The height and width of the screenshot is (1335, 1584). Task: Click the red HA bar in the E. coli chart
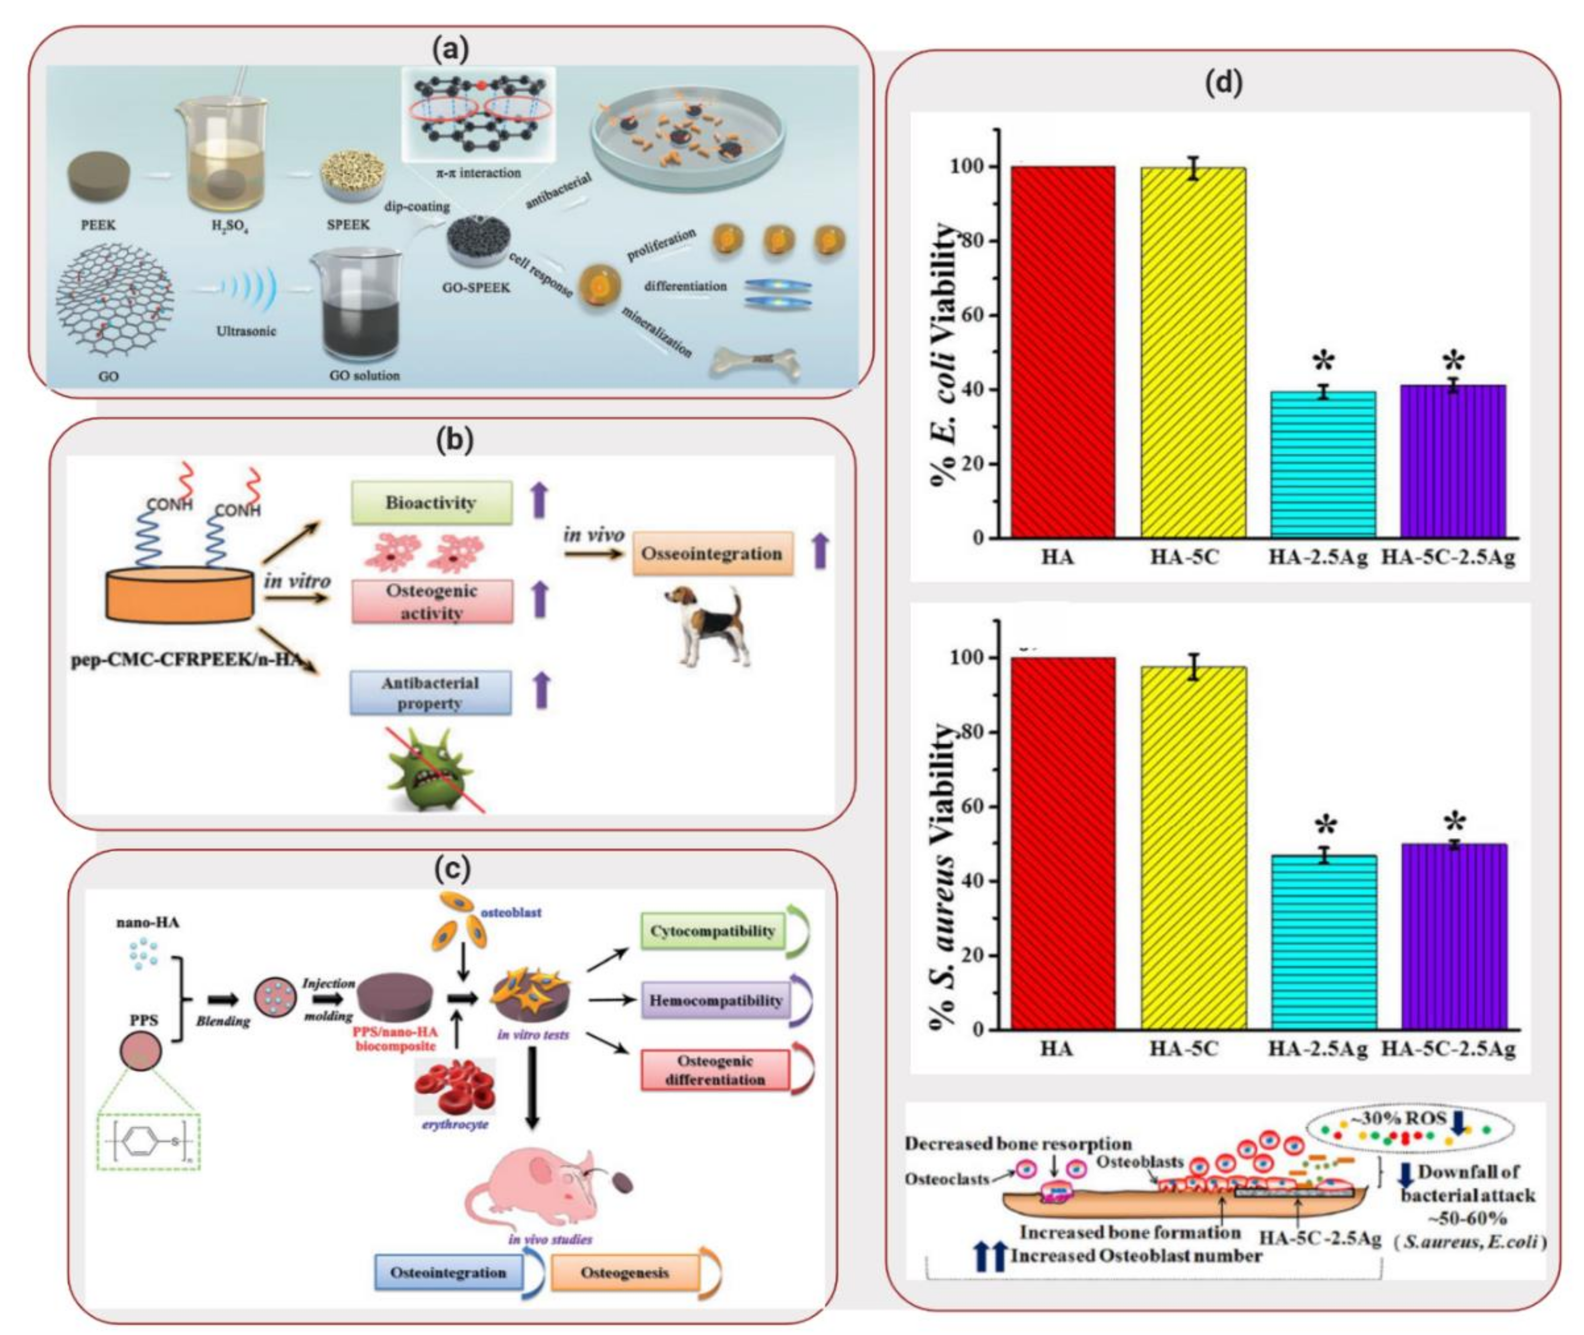[x=1063, y=352]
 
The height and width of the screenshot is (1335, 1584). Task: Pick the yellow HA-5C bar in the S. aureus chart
[x=1193, y=848]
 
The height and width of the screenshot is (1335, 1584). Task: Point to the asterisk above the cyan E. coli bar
[x=1323, y=362]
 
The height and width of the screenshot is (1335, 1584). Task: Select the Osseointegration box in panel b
[x=712, y=553]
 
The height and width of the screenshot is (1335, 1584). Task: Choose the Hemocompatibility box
[x=715, y=1000]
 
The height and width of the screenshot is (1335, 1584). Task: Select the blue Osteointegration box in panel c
[x=449, y=1272]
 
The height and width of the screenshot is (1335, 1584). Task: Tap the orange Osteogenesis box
[x=625, y=1272]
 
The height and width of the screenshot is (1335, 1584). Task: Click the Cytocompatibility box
[x=712, y=930]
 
